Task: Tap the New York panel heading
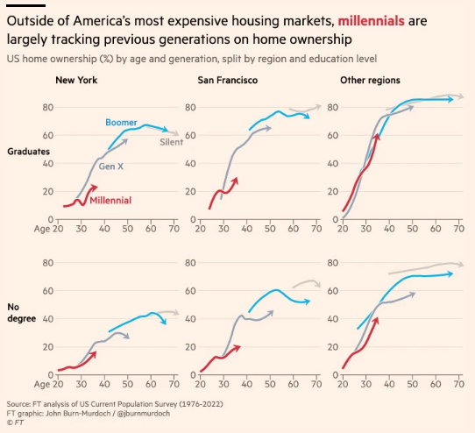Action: point(75,81)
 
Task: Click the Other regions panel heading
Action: point(370,81)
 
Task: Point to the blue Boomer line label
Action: point(122,122)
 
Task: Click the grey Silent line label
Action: point(170,142)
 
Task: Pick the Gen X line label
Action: point(111,167)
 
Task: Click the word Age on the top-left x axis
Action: point(42,229)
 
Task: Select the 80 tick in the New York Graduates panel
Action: point(46,107)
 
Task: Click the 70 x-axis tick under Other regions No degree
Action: point(459,383)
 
